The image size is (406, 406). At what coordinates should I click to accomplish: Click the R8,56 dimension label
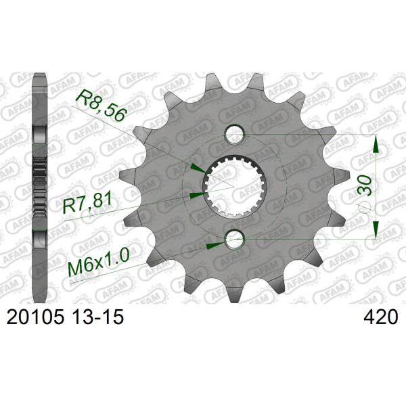[x=101, y=105]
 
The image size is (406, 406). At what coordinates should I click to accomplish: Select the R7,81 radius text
[x=87, y=203]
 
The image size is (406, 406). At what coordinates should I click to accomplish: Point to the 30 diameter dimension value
[x=365, y=185]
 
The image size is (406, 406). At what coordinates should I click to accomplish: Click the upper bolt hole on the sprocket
[x=234, y=135]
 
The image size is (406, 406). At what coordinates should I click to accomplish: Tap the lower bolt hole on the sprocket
[x=234, y=240]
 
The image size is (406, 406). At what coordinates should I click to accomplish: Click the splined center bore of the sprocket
[x=234, y=187]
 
